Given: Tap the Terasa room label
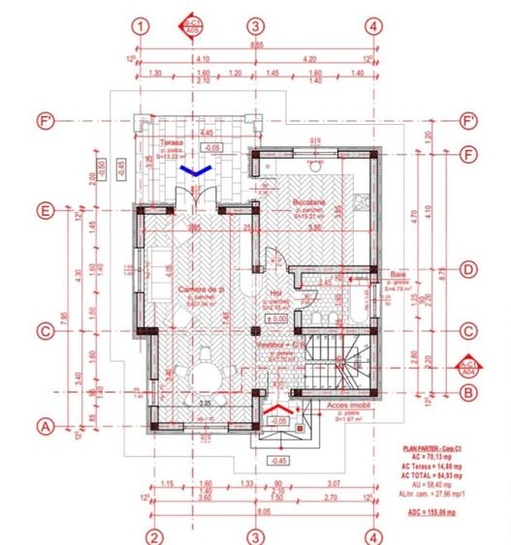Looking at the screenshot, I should click(172, 142).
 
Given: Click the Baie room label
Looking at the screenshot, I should click(398, 275).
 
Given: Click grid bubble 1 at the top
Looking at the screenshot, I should click(142, 26).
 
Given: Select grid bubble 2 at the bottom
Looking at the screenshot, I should click(153, 535).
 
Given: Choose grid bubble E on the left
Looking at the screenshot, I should click(43, 210).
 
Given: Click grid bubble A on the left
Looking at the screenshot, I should click(43, 425).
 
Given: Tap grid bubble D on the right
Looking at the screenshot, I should click(469, 270).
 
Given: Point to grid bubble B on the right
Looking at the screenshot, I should click(469, 392).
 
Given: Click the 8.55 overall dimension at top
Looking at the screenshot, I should click(256, 45).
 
